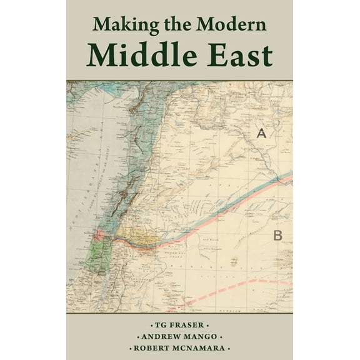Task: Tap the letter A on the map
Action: coord(261,132)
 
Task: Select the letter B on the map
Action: coord(279,235)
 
